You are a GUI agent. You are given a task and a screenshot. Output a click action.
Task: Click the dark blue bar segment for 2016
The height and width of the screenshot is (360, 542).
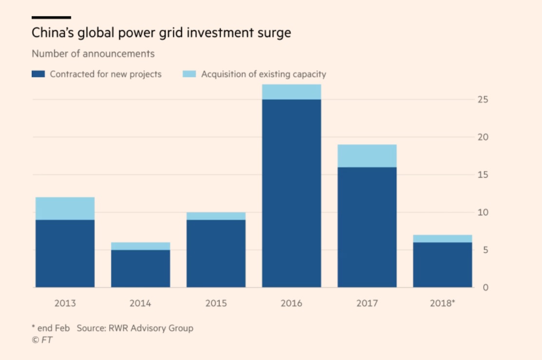[291, 193]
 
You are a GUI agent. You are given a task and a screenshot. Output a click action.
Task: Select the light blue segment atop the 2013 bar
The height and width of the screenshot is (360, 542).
[65, 208]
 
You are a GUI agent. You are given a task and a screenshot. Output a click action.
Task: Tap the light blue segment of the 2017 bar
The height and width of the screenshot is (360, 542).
[367, 156]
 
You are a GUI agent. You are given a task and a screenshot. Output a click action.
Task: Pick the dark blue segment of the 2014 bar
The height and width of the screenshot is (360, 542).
[140, 268]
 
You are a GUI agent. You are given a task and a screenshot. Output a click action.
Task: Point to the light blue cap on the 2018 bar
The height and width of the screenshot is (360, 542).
[442, 239]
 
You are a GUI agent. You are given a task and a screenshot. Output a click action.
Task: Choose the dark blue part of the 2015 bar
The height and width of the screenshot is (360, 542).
[216, 253]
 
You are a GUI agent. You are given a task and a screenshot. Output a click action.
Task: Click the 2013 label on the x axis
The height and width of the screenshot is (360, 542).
[65, 303]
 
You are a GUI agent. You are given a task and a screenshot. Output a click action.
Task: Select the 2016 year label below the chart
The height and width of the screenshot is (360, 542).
[291, 303]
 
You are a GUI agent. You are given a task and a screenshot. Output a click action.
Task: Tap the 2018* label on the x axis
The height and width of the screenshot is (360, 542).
[443, 303]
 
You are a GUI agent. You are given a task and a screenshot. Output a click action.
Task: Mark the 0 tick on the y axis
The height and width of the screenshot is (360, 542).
[485, 287]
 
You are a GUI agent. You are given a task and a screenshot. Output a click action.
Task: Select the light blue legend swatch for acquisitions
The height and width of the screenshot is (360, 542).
[189, 74]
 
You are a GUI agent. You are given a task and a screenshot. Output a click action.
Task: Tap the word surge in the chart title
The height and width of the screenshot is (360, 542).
[275, 34]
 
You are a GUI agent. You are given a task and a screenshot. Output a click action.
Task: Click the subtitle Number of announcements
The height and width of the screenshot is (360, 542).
[93, 54]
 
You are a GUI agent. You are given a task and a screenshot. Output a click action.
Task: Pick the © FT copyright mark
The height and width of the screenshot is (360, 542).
[42, 340]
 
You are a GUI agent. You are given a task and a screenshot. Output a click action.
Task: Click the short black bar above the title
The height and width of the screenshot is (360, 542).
[51, 17]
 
